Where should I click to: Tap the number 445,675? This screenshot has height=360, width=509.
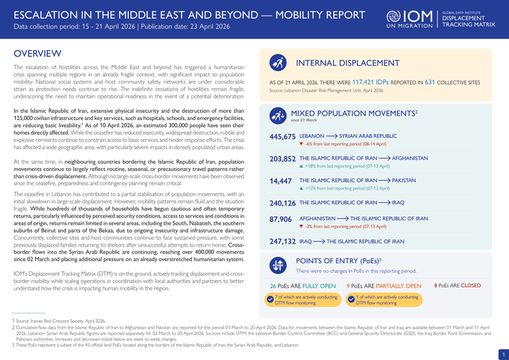(282, 136)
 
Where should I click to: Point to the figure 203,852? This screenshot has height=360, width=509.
(282, 158)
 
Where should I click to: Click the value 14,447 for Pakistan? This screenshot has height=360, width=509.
(281, 180)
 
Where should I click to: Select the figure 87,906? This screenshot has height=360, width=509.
(281, 219)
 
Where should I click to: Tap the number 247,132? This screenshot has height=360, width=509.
(282, 241)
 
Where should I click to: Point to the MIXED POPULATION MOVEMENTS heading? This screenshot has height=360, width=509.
(353, 113)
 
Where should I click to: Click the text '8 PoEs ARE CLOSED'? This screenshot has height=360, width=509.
(457, 286)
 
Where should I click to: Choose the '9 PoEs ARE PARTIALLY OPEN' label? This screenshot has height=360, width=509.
(384, 286)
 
